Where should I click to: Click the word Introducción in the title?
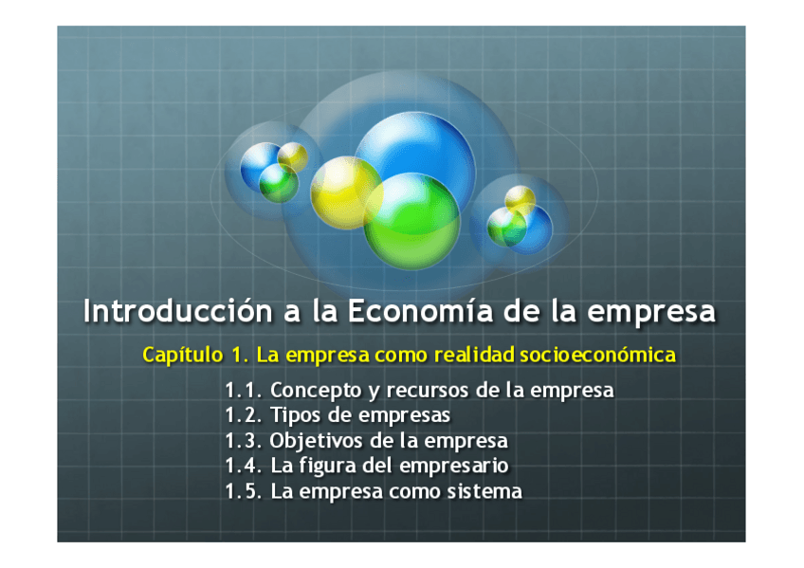click(178, 311)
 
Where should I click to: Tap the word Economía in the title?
click(420, 311)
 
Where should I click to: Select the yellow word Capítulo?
click(183, 356)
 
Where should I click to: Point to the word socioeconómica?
click(598, 355)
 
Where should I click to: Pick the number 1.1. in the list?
click(244, 391)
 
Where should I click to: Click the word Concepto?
click(316, 391)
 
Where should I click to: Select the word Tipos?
click(296, 415)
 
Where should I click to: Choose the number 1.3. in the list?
click(244, 441)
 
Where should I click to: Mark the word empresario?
click(454, 467)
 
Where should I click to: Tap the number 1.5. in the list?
click(244, 491)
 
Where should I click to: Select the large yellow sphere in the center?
click(347, 192)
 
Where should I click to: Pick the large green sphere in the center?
click(411, 222)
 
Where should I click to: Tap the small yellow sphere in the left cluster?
click(293, 156)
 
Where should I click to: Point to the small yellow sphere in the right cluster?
click(520, 201)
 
